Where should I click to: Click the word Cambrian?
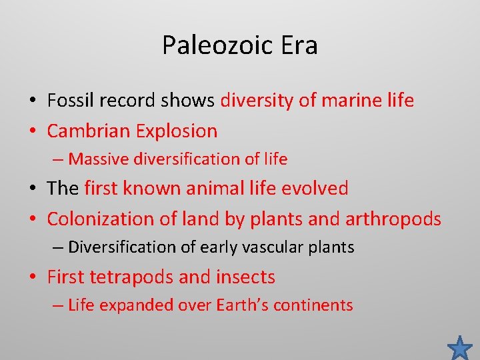88,131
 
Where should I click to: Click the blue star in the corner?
459,347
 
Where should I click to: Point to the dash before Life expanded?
59,306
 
